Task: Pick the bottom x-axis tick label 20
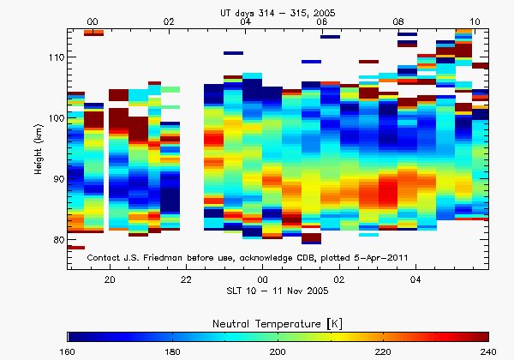(110, 280)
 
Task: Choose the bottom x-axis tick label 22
(186, 280)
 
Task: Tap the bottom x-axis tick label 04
(415, 280)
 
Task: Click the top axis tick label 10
(475, 21)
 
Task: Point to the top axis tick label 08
(398, 21)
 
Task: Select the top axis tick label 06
(322, 21)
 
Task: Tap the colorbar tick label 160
(69, 352)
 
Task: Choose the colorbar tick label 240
(487, 352)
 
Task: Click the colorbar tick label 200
(278, 352)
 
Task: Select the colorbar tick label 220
(383, 352)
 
